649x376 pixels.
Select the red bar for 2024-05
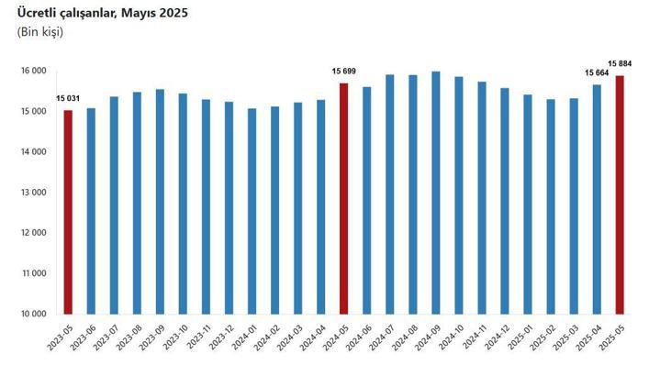pyautogui.click(x=343, y=198)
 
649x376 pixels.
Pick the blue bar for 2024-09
pyautogui.click(x=435, y=193)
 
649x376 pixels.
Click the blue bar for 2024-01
pyautogui.click(x=252, y=211)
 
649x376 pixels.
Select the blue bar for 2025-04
pyautogui.click(x=597, y=199)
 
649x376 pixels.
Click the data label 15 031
pyautogui.click(x=67, y=99)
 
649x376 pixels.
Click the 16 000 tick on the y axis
pyautogui.click(x=34, y=71)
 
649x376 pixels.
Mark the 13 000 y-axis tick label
pyautogui.click(x=34, y=193)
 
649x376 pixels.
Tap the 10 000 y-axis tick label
pyautogui.click(x=34, y=314)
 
